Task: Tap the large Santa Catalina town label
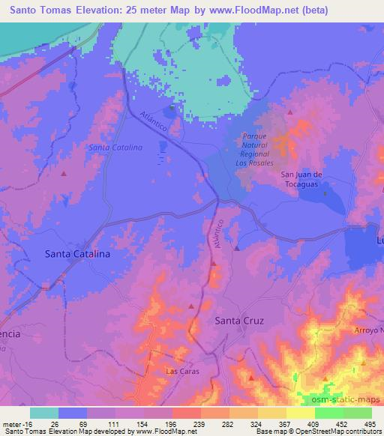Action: coord(78,255)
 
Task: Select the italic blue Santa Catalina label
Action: coord(115,148)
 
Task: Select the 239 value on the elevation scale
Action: coord(179,423)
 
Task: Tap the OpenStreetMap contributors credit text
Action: coord(334,432)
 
